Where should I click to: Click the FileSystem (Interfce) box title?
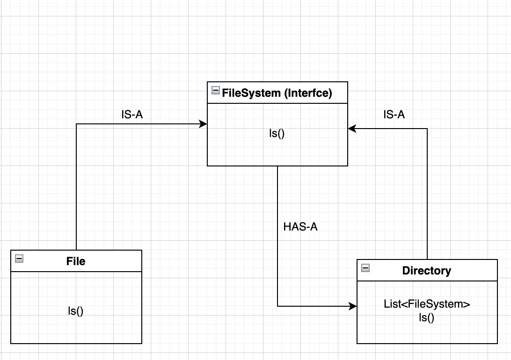pyautogui.click(x=277, y=93)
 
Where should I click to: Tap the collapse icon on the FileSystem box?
pyautogui.click(x=215, y=91)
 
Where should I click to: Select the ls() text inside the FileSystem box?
pyautogui.click(x=277, y=133)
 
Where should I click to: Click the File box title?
pyautogui.click(x=76, y=261)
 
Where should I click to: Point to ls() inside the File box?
pyautogui.click(x=76, y=310)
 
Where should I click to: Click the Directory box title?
pyautogui.click(x=426, y=270)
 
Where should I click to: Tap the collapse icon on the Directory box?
pyautogui.click(x=365, y=268)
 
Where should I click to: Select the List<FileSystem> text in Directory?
pyautogui.click(x=426, y=304)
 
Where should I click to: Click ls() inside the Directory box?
pyautogui.click(x=426, y=318)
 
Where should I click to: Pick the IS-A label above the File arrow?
pyautogui.click(x=131, y=115)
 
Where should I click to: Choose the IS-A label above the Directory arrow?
pyautogui.click(x=394, y=115)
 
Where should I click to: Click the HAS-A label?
pyautogui.click(x=300, y=227)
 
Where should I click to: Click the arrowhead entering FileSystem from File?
pyautogui.click(x=204, y=124)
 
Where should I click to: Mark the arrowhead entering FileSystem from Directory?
pyautogui.click(x=351, y=128)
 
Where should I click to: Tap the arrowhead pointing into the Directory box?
pyautogui.click(x=353, y=307)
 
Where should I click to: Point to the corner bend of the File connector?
pyautogui.click(x=76, y=124)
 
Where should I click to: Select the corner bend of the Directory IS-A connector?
pyautogui.click(x=427, y=128)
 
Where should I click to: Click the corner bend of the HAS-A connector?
pyautogui.click(x=277, y=307)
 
